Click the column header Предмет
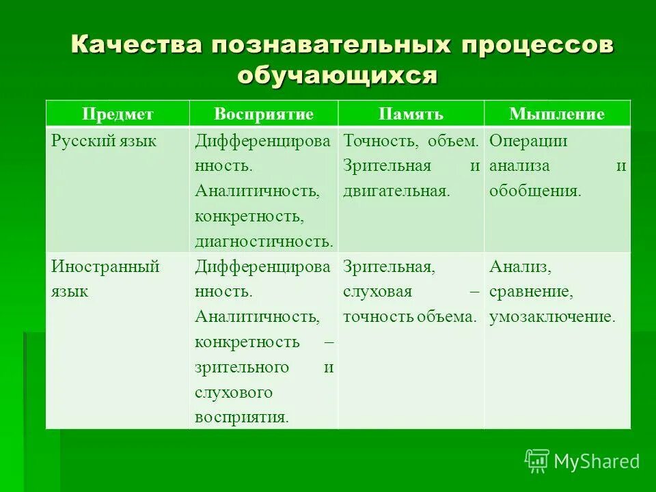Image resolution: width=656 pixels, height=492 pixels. [x=118, y=114]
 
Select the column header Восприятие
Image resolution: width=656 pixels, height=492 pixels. [x=264, y=114]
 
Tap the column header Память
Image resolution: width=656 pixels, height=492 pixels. [x=411, y=114]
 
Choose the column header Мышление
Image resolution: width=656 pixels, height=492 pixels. [x=557, y=114]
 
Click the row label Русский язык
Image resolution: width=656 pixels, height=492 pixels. [x=104, y=141]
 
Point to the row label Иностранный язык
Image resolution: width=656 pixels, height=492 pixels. [x=105, y=278]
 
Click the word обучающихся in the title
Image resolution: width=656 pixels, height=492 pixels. [x=336, y=74]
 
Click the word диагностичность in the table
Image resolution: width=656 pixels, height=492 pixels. [x=263, y=241]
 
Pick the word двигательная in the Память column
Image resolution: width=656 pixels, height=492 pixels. [x=396, y=191]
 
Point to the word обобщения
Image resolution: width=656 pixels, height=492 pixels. [x=535, y=191]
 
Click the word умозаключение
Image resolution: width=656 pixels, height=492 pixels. [x=552, y=317]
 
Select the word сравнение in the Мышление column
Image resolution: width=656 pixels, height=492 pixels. [x=530, y=292]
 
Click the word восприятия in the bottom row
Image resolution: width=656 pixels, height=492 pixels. [x=241, y=418]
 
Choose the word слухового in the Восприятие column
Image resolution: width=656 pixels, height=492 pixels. [x=234, y=392]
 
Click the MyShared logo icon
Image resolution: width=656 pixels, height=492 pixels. [x=537, y=462]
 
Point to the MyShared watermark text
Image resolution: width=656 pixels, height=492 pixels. [x=597, y=462]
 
